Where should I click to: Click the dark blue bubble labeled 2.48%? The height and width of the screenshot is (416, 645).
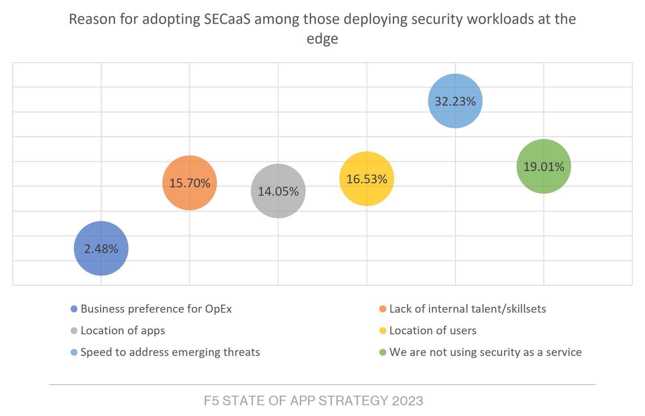[101, 248]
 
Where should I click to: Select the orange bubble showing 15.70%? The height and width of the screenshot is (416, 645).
[189, 183]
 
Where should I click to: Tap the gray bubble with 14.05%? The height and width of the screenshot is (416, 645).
[278, 191]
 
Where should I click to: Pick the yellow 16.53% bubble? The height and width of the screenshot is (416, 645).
[367, 179]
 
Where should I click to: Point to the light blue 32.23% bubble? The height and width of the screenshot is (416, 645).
[455, 101]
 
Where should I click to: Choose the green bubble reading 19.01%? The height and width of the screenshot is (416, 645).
[544, 166]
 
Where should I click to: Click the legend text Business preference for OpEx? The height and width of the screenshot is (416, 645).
[156, 309]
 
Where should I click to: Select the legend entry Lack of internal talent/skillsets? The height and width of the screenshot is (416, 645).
[468, 309]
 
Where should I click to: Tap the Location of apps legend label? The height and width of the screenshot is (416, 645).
[123, 330]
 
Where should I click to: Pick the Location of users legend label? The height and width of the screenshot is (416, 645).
[433, 330]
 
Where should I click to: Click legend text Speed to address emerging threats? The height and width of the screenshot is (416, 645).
[170, 352]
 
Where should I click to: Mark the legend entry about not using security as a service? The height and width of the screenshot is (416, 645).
[485, 352]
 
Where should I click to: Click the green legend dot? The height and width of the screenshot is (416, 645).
[383, 352]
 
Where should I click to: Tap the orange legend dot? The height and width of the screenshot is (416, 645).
[383, 309]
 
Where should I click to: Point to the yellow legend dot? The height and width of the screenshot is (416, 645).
[383, 331]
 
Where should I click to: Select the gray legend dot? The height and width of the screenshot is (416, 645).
[74, 331]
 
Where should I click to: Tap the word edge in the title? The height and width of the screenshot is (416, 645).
[322, 39]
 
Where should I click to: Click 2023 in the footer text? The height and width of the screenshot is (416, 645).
[407, 401]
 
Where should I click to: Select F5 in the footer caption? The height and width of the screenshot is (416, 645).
[211, 401]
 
